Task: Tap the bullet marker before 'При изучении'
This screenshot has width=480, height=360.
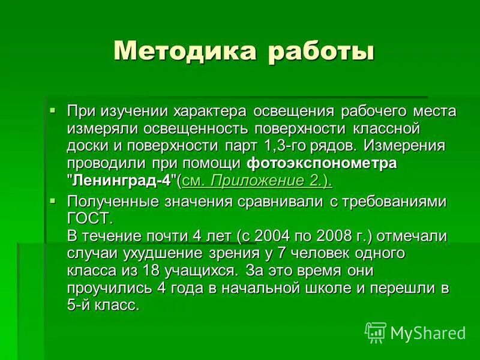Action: [53, 110]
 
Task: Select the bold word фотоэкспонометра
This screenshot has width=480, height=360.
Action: [322, 163]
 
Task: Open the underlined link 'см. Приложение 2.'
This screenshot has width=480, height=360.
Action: [256, 181]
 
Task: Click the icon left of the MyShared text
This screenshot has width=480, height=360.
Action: [376, 332]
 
